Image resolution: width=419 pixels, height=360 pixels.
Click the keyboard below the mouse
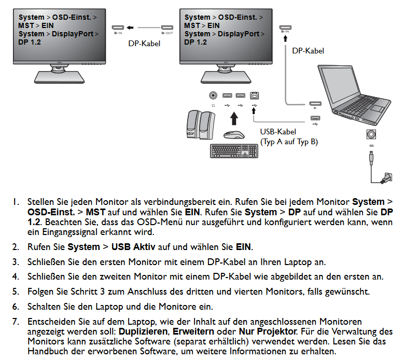point(234,151)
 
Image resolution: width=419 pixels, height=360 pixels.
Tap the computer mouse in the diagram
point(234,134)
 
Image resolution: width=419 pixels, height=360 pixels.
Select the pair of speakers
point(199,125)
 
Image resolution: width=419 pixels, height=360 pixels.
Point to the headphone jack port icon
point(213,95)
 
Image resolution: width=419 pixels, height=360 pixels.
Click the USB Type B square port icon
point(254,95)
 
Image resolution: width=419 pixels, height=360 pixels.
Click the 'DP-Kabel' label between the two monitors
point(144,44)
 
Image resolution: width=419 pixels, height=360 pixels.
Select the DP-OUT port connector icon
point(167,27)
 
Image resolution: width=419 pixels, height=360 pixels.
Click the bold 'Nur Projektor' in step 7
point(267,330)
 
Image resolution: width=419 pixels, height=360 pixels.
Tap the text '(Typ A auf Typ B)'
point(289,142)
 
